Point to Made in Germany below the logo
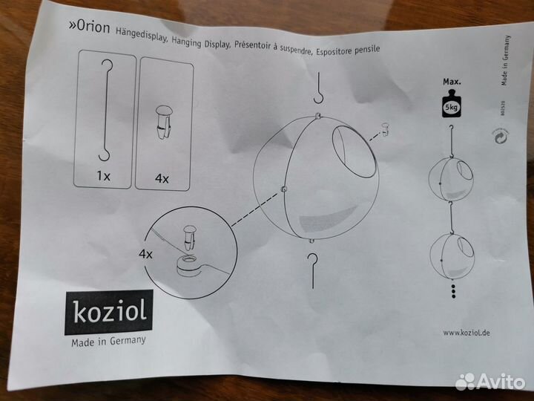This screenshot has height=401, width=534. [108, 342]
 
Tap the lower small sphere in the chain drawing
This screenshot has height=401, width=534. [450, 252]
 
